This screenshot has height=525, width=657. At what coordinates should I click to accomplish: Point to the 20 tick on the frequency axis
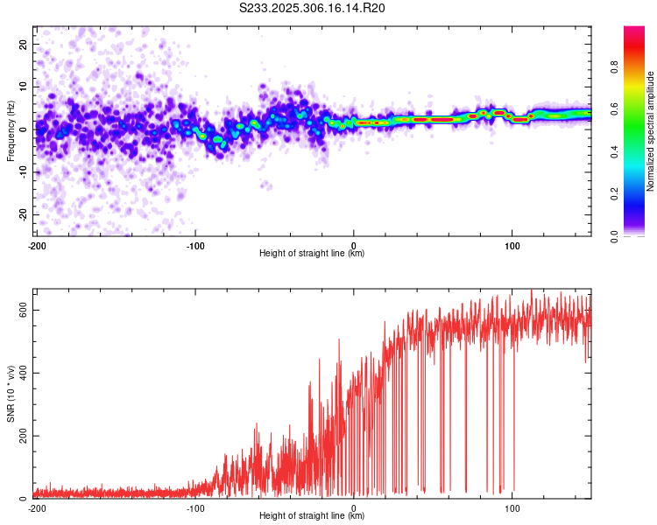pyautogui.click(x=24, y=44)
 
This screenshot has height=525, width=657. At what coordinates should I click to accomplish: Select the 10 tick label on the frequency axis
pyautogui.click(x=24, y=87)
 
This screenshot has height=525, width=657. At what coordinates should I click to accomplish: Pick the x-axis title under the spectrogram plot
pyautogui.click(x=312, y=254)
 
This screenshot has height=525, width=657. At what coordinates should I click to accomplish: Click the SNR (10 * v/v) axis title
pyautogui.click(x=11, y=394)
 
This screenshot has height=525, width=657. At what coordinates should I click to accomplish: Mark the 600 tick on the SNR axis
pyautogui.click(x=24, y=310)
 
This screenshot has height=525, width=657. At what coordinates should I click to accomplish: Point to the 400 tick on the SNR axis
pyautogui.click(x=24, y=373)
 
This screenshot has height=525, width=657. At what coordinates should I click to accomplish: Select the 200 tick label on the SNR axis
pyautogui.click(x=24, y=436)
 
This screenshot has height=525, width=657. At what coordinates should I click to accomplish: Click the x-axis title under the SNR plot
pyautogui.click(x=312, y=516)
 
